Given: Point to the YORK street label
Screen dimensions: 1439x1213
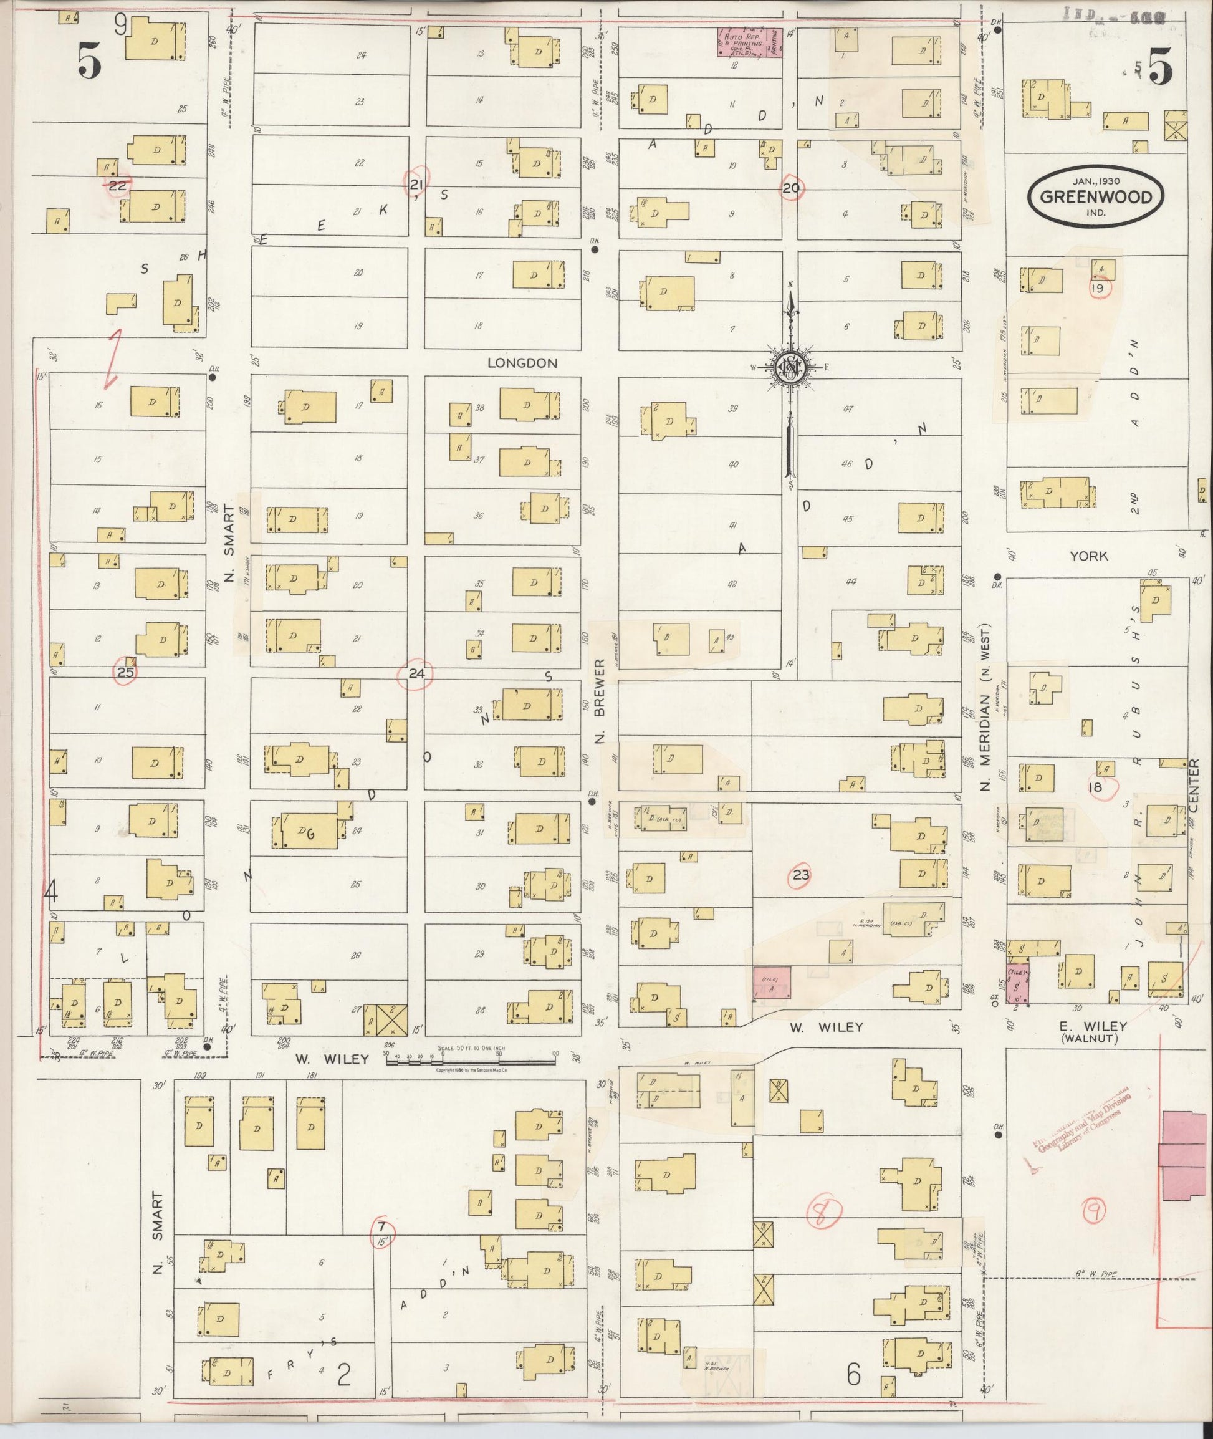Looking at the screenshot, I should (x=1088, y=555).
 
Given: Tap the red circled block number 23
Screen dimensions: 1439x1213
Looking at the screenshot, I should (x=801, y=875).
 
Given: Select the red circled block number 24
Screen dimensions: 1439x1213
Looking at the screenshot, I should (x=416, y=673).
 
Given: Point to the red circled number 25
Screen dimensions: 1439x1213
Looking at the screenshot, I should (x=125, y=672).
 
